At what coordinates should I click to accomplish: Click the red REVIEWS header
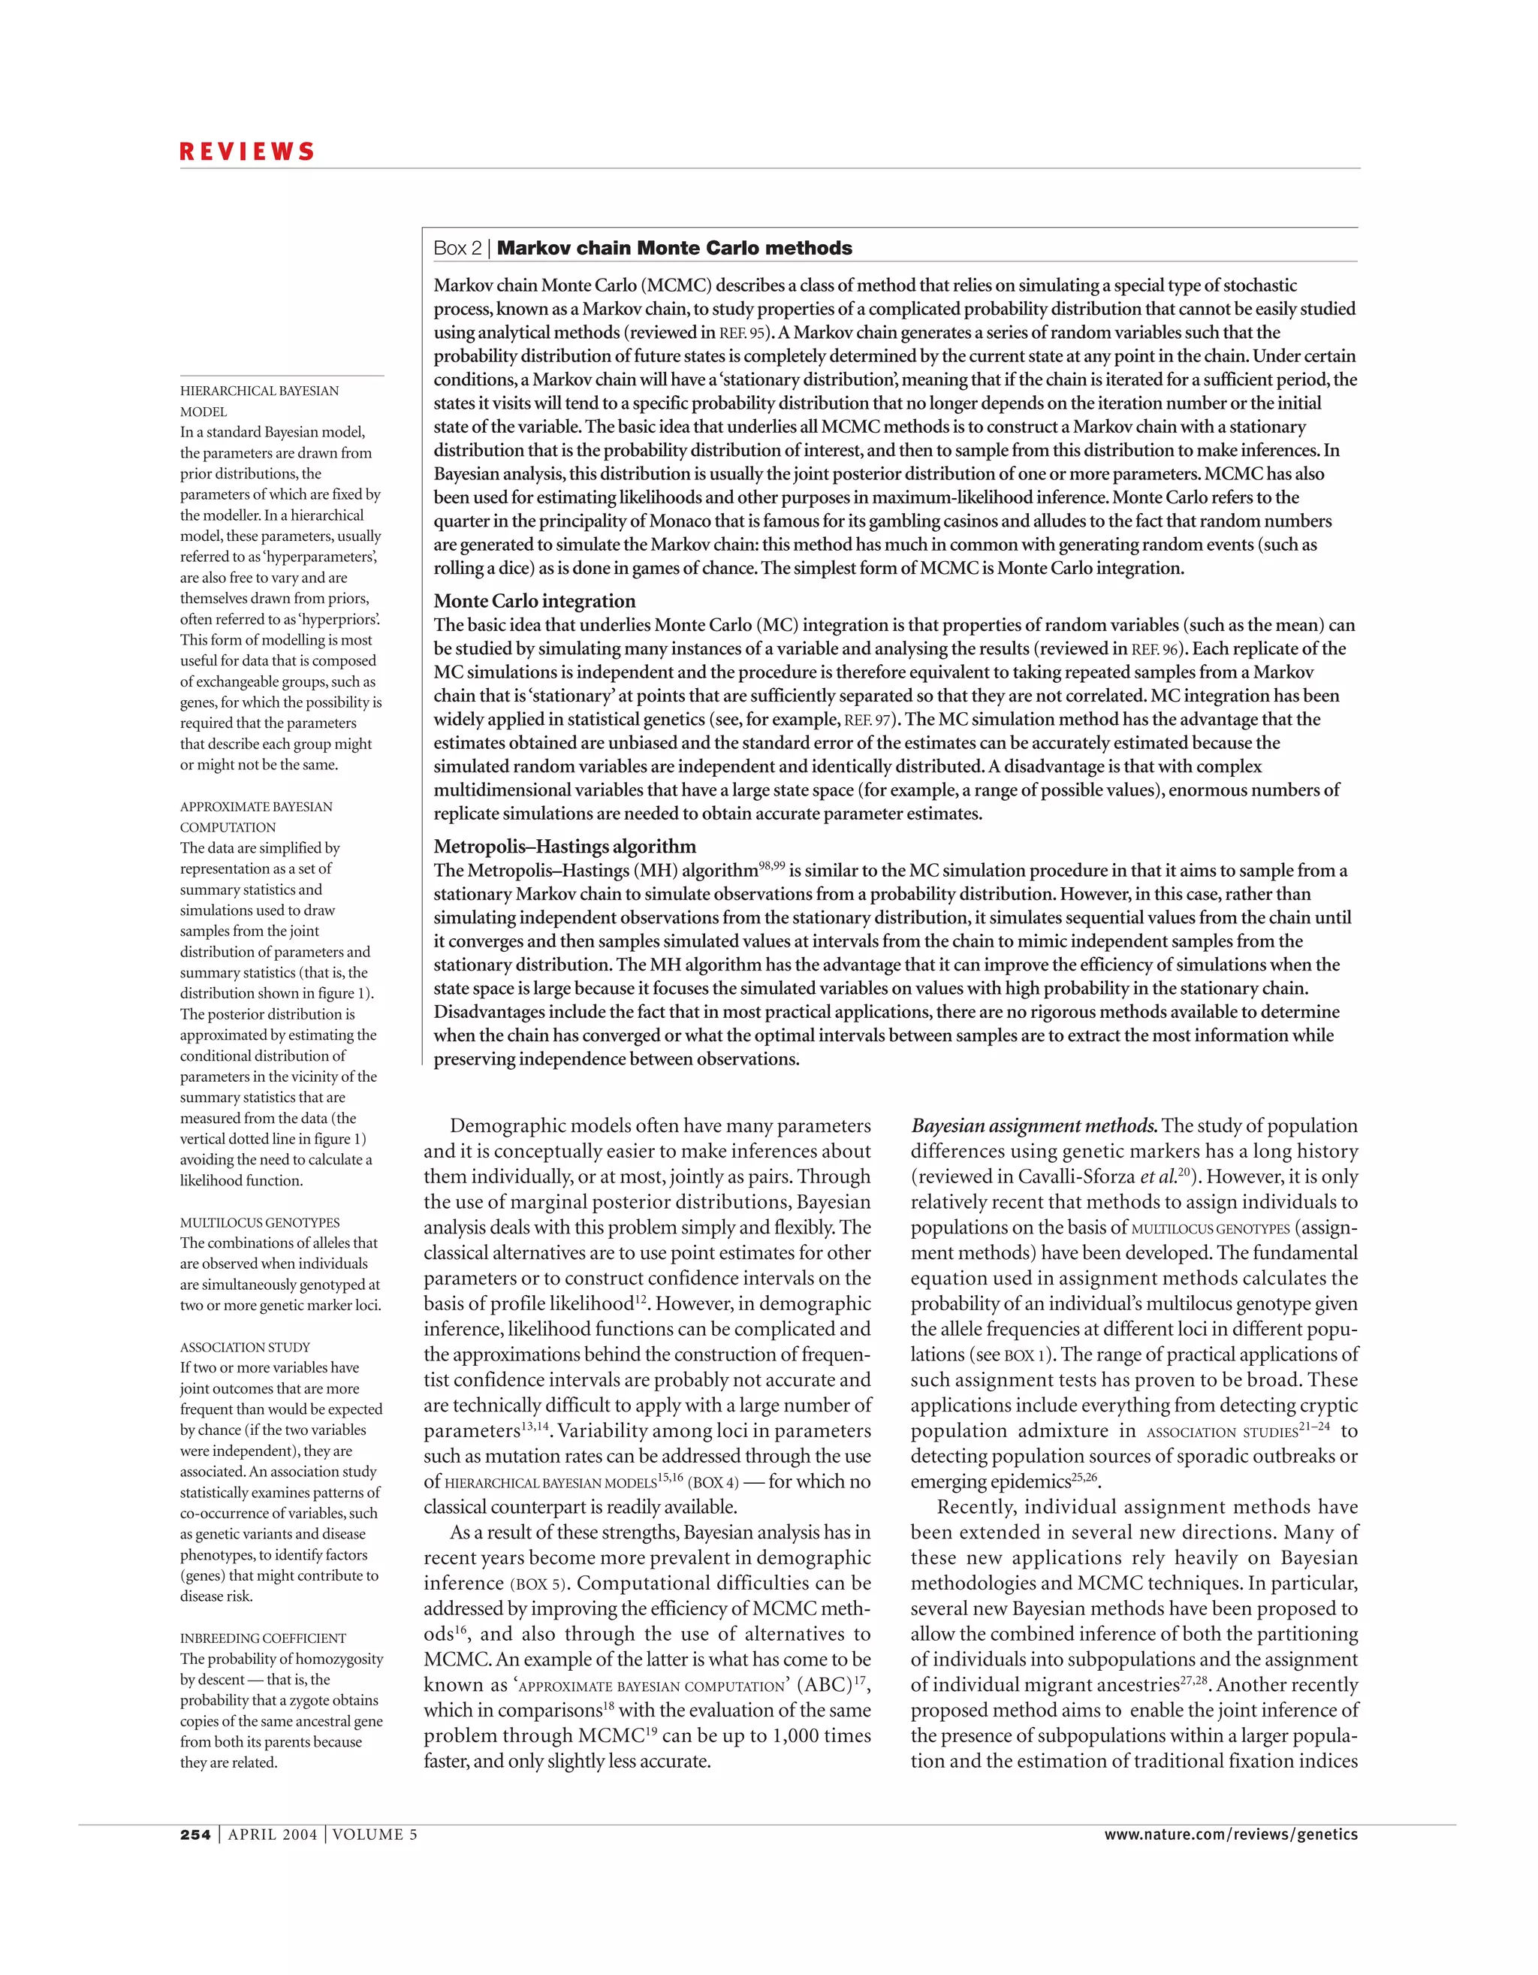click(247, 151)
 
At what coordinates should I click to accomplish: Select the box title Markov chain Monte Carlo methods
click(674, 248)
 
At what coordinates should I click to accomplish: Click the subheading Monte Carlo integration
click(535, 601)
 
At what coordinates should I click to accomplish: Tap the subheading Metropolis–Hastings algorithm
click(564, 847)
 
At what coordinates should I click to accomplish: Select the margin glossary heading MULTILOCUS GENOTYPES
click(260, 1222)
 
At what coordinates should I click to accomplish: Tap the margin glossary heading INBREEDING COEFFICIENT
click(262, 1638)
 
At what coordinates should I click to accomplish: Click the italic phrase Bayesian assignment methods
click(1033, 1127)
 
